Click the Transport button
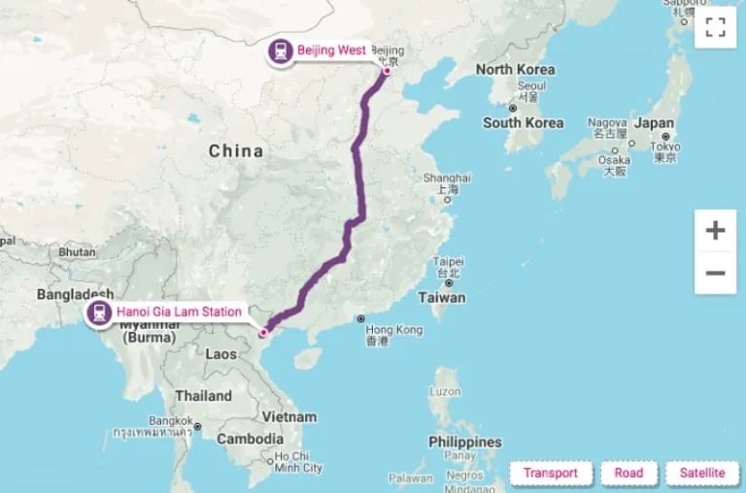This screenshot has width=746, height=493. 551,474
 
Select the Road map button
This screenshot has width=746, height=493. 628,474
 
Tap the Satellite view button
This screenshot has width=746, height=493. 701,474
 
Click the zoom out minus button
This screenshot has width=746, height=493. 715,273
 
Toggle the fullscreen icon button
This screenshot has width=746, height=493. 715,27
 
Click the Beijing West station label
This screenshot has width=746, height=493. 331,50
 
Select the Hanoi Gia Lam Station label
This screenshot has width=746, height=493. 180,312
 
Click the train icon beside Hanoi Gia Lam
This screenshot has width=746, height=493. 99,312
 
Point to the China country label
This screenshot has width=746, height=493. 236,150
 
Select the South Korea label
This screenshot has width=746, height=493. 523,123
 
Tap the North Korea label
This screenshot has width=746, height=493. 515,70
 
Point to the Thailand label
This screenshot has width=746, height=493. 203,396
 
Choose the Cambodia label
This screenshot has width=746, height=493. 250,439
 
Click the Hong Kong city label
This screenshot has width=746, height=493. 394,330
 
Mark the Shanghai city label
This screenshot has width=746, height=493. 447,178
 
